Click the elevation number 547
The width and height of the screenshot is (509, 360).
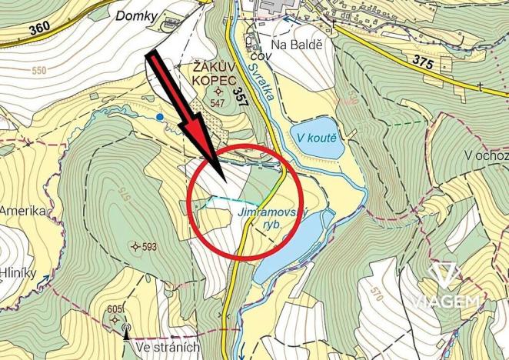[x=217, y=102]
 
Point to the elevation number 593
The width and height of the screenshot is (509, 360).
[x=148, y=247]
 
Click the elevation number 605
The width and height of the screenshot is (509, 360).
[x=115, y=309]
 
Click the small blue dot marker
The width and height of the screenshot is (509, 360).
[x=159, y=117]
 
